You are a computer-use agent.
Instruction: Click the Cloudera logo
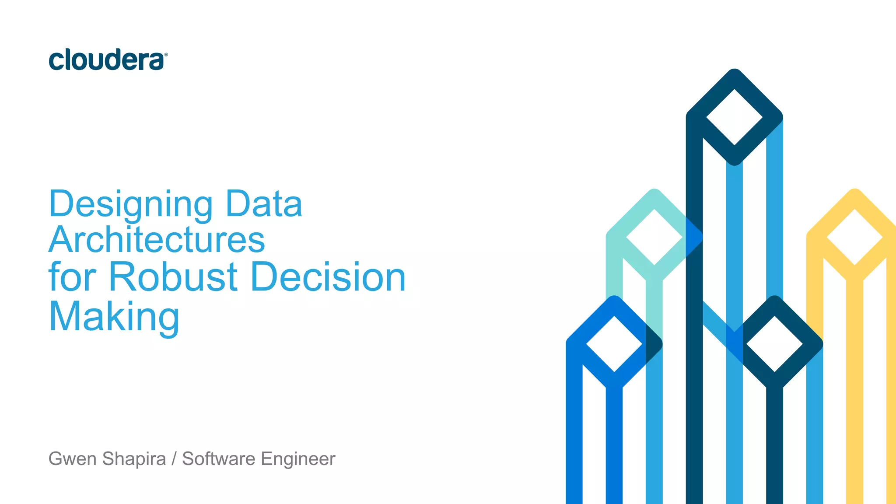tap(107, 60)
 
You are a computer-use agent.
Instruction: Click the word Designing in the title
tap(131, 204)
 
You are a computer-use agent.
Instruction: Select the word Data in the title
tap(264, 204)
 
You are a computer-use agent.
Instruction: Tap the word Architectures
tap(157, 240)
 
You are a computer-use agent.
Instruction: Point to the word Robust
tap(173, 277)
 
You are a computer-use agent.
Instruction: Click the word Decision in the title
tap(329, 277)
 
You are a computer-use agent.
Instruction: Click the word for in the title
tap(72, 277)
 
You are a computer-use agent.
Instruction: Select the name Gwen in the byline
tap(73, 459)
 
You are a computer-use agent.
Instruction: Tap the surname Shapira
tap(134, 459)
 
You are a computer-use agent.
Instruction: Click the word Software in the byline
tap(219, 459)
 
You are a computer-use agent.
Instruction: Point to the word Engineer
tap(298, 459)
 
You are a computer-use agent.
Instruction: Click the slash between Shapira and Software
tap(174, 459)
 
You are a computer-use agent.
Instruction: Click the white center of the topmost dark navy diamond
tap(735, 117)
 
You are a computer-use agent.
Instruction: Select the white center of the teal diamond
tap(654, 237)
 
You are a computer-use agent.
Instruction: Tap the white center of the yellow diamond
tap(855, 237)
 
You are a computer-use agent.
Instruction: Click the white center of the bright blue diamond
tap(614, 344)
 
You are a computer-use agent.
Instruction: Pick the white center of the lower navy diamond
tap(775, 344)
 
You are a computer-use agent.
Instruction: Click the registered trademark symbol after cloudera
tap(166, 55)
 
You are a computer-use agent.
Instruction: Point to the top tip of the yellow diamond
tap(855, 190)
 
